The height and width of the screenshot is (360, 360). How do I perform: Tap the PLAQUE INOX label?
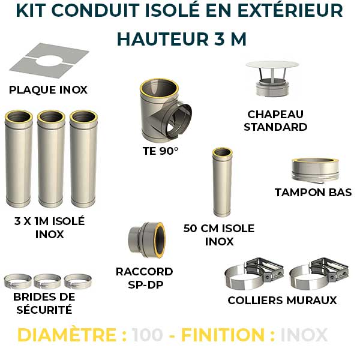(x=48, y=90)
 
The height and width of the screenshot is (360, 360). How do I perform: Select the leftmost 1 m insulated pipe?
(x=19, y=159)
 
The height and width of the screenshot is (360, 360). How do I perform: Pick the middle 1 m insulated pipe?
(x=51, y=159)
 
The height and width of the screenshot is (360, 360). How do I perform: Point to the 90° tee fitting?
(x=161, y=111)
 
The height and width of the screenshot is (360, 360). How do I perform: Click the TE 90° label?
(x=160, y=151)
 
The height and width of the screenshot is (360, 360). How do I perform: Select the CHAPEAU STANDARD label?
(x=275, y=120)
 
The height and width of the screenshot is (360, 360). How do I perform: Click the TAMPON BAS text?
(x=313, y=193)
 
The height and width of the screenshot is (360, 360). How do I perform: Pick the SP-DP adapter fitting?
(x=145, y=241)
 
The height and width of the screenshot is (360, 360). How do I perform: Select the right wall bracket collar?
(x=314, y=276)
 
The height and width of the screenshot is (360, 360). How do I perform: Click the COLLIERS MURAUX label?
(x=282, y=300)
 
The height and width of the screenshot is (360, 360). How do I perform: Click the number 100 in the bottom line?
(x=148, y=335)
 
